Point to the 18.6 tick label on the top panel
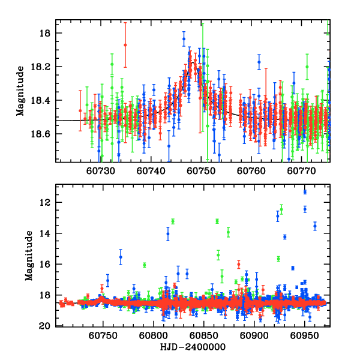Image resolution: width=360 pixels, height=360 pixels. click(x=44, y=134)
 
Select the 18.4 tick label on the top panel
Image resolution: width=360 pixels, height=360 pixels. click(x=44, y=100)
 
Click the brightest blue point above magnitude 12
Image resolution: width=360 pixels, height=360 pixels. click(x=305, y=192)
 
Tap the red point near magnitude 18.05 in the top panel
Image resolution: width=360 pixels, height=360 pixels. click(x=125, y=45)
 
